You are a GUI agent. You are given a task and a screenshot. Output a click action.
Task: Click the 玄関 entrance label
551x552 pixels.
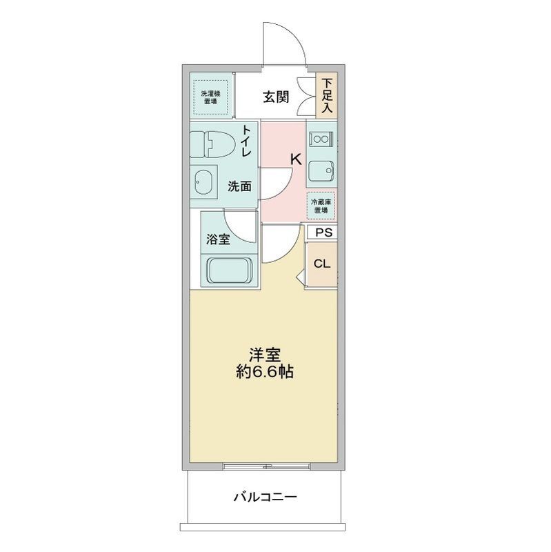274,97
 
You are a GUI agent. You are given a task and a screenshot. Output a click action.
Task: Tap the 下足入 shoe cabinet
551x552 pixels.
326,95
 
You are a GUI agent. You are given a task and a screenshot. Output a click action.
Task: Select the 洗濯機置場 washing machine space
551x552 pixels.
210,97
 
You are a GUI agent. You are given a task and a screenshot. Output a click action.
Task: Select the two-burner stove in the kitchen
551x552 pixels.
321,139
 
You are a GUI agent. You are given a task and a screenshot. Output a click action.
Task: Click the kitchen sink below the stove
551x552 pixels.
321,170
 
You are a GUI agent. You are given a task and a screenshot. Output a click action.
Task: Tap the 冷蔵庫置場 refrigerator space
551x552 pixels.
321,205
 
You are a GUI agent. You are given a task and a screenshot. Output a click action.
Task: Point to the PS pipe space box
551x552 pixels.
323,233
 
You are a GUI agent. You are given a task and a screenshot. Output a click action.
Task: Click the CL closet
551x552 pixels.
322,264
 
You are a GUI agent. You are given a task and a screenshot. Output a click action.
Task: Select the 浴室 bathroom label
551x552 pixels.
218,240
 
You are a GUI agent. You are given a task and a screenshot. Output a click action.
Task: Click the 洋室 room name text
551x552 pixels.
265,355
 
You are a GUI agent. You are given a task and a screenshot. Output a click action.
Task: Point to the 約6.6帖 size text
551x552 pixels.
265,373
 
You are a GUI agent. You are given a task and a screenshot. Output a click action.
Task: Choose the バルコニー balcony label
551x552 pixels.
265,496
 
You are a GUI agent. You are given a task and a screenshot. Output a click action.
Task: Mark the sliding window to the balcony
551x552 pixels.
265,466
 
